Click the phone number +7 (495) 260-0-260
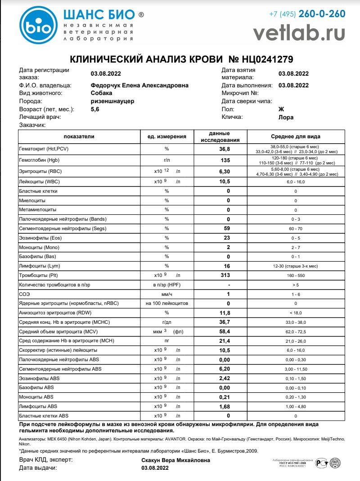307,14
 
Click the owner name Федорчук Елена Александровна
139,86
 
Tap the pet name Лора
286,117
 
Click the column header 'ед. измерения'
166,136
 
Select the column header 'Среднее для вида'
295,136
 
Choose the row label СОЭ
24,294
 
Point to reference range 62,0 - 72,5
295,331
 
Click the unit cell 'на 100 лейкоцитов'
166,303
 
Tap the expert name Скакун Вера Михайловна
175,460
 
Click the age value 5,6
96,109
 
